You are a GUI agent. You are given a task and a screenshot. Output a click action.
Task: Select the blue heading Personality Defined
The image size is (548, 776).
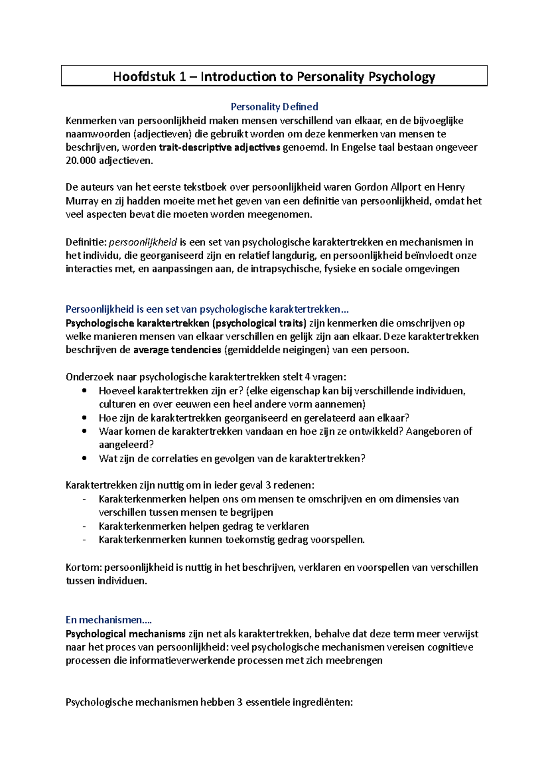coord(274,106)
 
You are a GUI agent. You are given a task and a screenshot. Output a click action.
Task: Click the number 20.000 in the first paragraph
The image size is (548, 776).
coord(81,161)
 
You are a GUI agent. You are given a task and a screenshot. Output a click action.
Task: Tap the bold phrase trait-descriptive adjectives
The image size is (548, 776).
coord(220,147)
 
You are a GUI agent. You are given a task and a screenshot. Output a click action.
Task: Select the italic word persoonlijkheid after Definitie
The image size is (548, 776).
coord(142,242)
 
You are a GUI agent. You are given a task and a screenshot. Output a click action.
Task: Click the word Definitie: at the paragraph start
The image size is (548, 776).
coord(86,242)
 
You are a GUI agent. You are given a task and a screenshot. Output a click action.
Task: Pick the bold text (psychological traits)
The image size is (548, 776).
coord(259,324)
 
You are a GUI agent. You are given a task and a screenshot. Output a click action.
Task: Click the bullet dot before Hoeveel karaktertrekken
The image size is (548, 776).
coord(84,391)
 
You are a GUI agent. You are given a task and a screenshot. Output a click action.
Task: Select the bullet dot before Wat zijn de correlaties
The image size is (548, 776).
coord(84,458)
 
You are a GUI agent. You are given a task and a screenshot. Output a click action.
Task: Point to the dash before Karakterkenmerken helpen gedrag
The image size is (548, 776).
coord(84,526)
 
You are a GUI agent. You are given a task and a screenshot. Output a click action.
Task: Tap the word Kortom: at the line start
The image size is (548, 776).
coord(84,568)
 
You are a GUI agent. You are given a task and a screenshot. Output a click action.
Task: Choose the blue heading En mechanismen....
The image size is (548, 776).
coord(108,620)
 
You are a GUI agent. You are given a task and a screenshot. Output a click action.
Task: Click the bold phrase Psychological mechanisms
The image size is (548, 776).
coord(126,634)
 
